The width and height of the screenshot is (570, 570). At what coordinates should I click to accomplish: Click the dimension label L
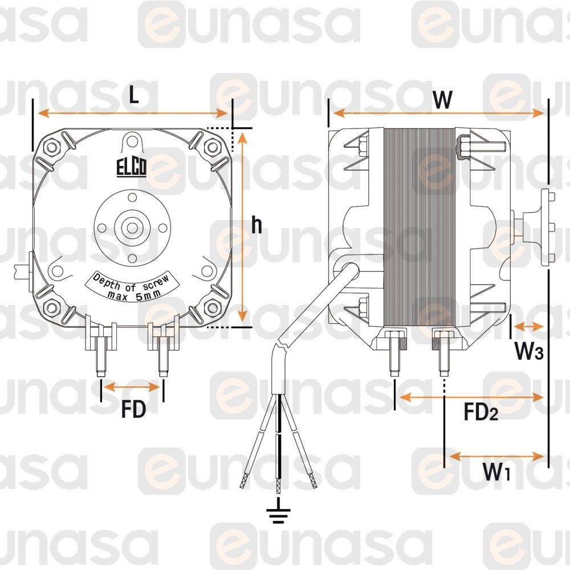pyautogui.click(x=134, y=96)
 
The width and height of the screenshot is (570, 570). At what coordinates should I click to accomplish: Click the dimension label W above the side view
pyautogui.click(x=442, y=99)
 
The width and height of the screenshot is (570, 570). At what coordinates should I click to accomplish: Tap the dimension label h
pyautogui.click(x=256, y=225)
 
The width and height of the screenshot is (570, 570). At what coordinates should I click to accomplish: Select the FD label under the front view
pyautogui.click(x=133, y=409)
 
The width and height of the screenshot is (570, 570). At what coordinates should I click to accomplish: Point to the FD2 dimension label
pyautogui.click(x=481, y=412)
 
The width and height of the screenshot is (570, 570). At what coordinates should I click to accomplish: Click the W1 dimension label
pyautogui.click(x=496, y=471)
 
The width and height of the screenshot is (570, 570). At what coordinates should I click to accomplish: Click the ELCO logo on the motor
pyautogui.click(x=132, y=168)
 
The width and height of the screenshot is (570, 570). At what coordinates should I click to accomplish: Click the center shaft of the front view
pyautogui.click(x=132, y=228)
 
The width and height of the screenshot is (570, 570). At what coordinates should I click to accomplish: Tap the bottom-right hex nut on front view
pyautogui.click(x=212, y=308)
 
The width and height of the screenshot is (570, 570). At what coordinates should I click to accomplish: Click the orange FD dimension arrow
pyautogui.click(x=132, y=387)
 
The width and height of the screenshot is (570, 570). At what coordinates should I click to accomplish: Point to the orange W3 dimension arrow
pyautogui.click(x=529, y=327)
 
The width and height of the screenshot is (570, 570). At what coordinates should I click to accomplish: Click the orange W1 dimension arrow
pyautogui.click(x=496, y=456)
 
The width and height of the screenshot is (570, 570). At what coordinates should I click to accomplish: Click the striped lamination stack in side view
pyautogui.click(x=420, y=227)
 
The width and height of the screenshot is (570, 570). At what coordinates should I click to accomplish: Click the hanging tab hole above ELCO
pyautogui.click(x=132, y=141)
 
